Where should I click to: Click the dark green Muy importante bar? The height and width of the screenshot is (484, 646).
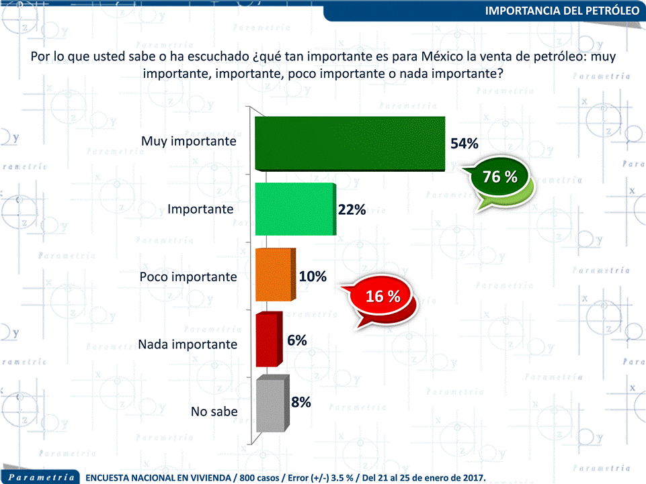pyautogui.click(x=350, y=144)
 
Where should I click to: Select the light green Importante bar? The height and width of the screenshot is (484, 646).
pyautogui.click(x=296, y=209)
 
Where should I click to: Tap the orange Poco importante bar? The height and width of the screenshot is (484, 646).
pyautogui.click(x=275, y=275)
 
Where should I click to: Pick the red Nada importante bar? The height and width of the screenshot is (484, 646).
pyautogui.click(x=269, y=339)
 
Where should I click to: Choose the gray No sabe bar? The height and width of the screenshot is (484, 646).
pyautogui.click(x=272, y=403)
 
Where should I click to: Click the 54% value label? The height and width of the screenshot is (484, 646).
pyautogui.click(x=465, y=144)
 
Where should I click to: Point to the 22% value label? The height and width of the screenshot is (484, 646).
pyautogui.click(x=352, y=210)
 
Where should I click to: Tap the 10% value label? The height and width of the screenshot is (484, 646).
pyautogui.click(x=313, y=276)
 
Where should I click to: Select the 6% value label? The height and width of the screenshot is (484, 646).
pyautogui.click(x=297, y=340)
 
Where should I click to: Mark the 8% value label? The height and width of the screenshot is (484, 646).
pyautogui.click(x=301, y=402)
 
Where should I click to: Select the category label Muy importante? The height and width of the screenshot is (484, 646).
pyautogui.click(x=189, y=141)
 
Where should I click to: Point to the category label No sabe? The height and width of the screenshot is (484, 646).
pyautogui.click(x=214, y=411)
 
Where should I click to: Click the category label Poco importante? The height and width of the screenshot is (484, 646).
pyautogui.click(x=188, y=277)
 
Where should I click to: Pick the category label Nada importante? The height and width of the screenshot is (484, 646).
pyautogui.click(x=188, y=344)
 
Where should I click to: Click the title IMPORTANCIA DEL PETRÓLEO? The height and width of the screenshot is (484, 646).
pyautogui.click(x=562, y=11)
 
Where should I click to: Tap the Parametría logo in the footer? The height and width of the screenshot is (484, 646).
pyautogui.click(x=41, y=477)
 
